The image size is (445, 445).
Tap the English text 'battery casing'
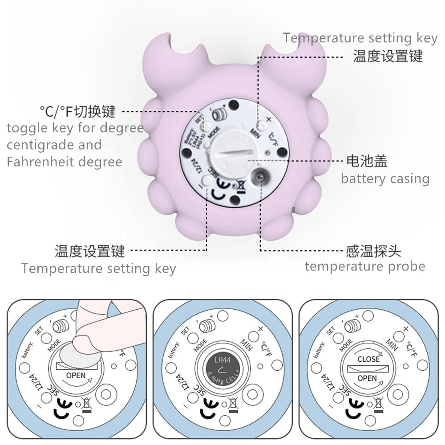[385, 179]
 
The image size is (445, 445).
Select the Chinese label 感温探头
[373, 251]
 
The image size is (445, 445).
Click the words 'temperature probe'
[365, 267]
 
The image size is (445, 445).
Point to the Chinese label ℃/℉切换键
[77, 111]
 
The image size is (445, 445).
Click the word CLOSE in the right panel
[368, 359]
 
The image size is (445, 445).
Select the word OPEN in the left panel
[76, 376]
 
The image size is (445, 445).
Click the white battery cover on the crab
[227, 153]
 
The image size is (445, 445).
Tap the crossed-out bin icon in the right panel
[379, 404]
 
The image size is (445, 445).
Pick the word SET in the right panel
[331, 331]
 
